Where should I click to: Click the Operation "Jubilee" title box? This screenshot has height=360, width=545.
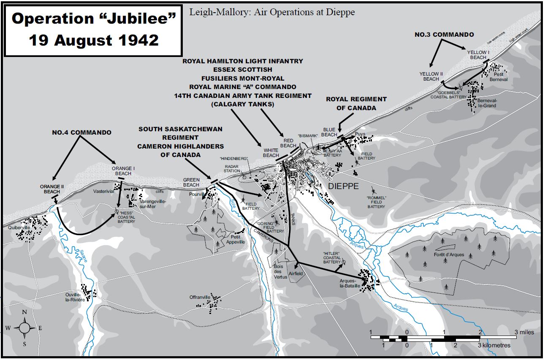pyautogui.click(x=93, y=30)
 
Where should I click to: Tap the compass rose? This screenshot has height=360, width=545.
pyautogui.click(x=25, y=328)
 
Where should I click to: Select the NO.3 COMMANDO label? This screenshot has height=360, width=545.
pyautogui.click(x=444, y=35)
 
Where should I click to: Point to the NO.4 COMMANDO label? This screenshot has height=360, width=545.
pyautogui.click(x=81, y=133)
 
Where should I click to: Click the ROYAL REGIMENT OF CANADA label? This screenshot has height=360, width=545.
pyautogui.click(x=356, y=103)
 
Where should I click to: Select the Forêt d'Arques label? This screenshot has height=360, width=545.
pyautogui.click(x=448, y=255)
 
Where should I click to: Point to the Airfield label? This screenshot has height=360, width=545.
pyautogui.click(x=296, y=273)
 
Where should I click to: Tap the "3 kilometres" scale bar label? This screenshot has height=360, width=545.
pyautogui.click(x=494, y=345)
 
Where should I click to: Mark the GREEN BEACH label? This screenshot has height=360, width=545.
pyautogui.click(x=191, y=182)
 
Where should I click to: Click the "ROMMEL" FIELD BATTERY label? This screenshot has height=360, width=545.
pyautogui.click(x=376, y=202)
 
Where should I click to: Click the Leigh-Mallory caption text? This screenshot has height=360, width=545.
pyautogui.click(x=272, y=12)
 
